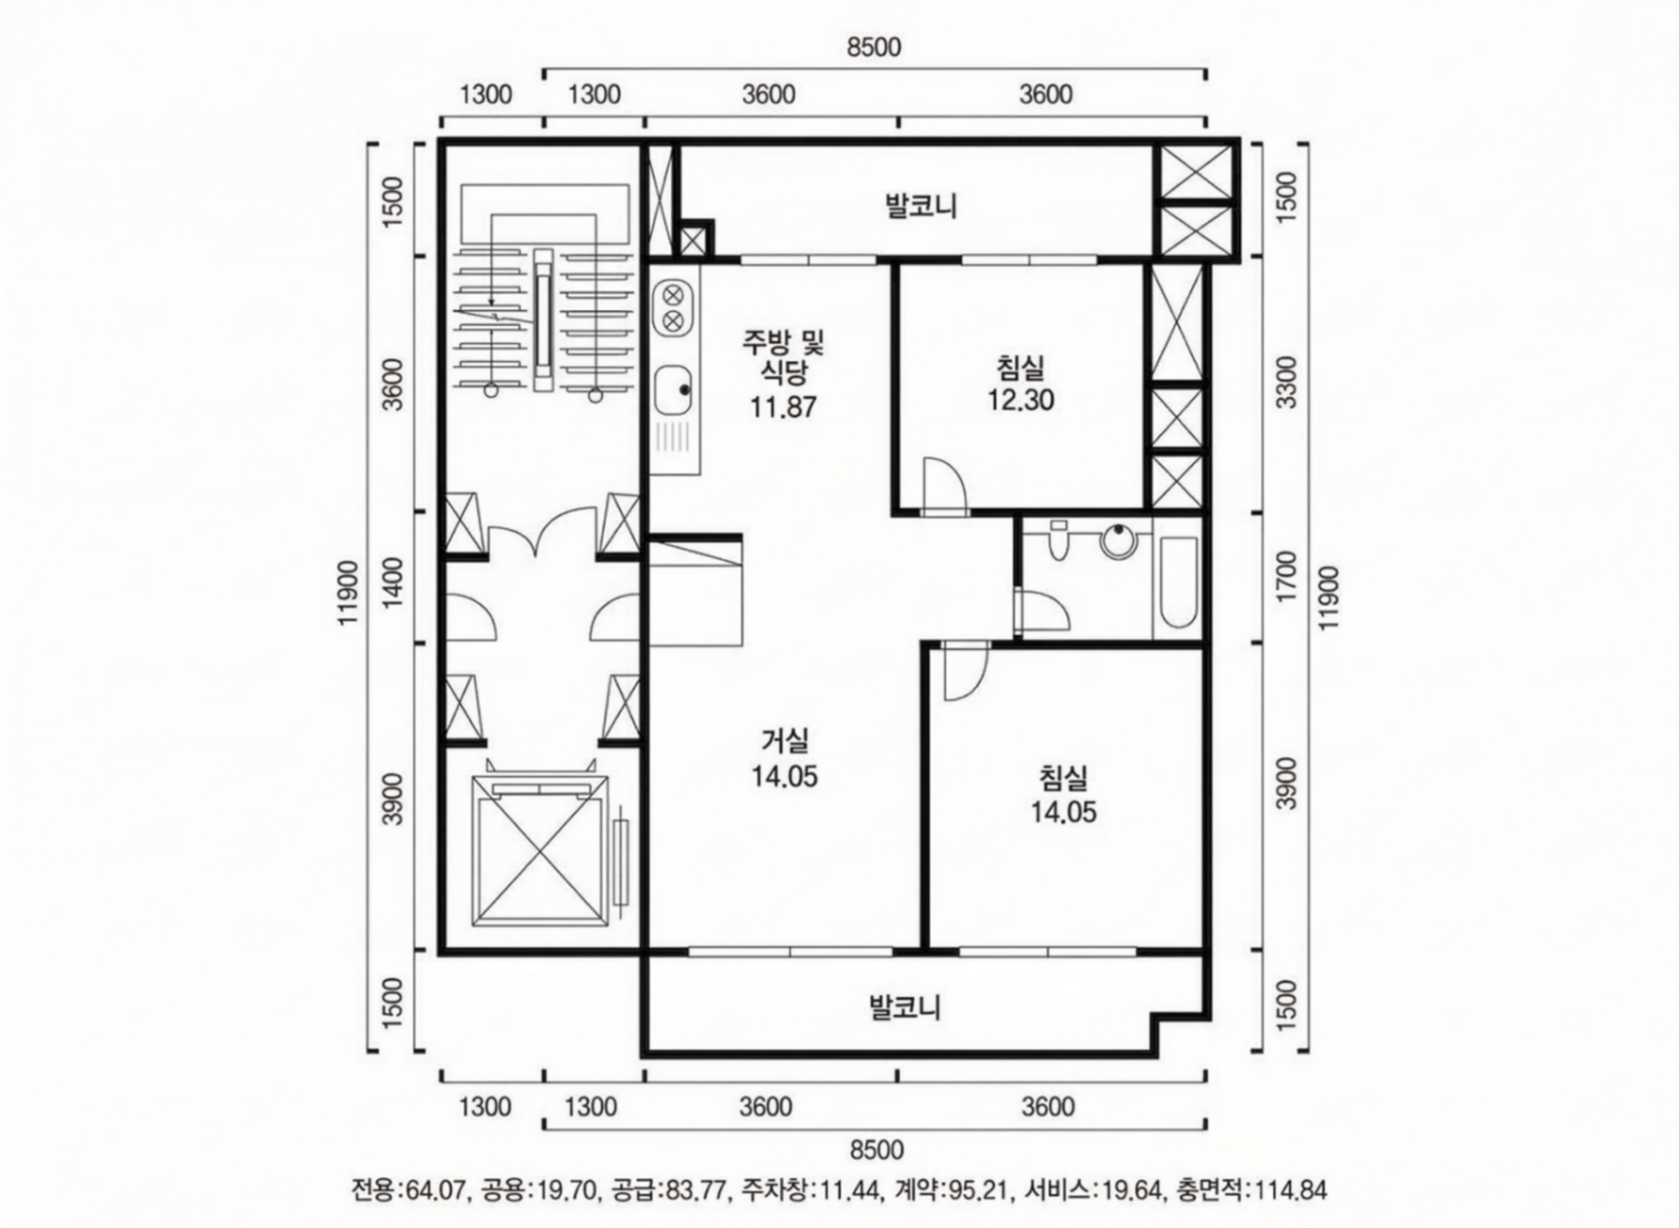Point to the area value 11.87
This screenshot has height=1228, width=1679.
pyautogui.click(x=784, y=407)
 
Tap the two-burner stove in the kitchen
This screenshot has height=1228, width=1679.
pyautogui.click(x=673, y=308)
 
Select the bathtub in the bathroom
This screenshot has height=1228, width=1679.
pyautogui.click(x=1178, y=583)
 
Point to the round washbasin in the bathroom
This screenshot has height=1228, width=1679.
pyautogui.click(x=1118, y=541)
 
